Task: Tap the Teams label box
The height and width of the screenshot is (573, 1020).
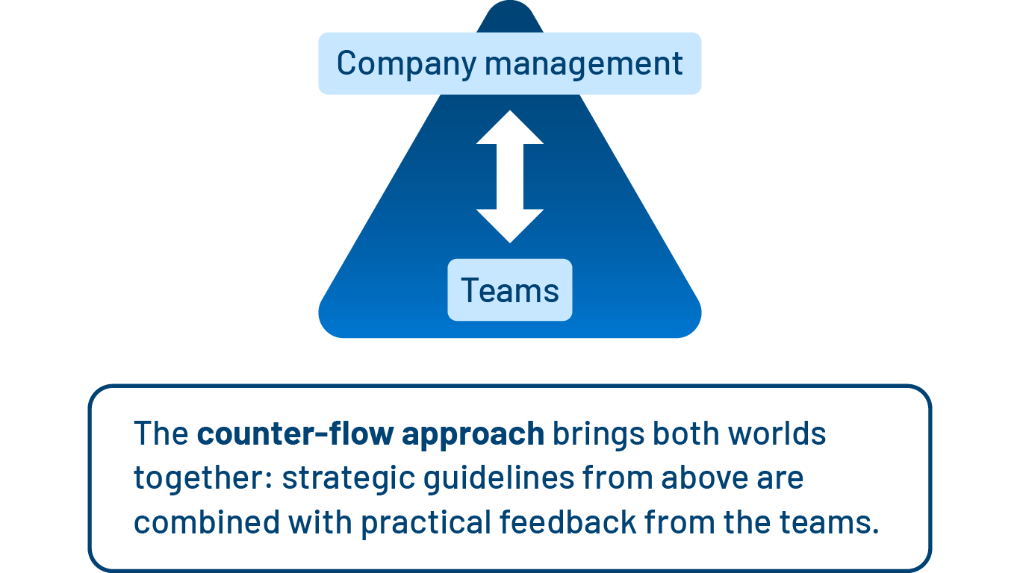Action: tap(510, 290)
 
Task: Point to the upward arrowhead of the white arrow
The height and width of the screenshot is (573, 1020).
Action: tap(510, 128)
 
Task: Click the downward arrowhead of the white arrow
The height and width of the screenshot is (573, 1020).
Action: tap(510, 225)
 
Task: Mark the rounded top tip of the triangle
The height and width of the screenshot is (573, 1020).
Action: tap(510, 10)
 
